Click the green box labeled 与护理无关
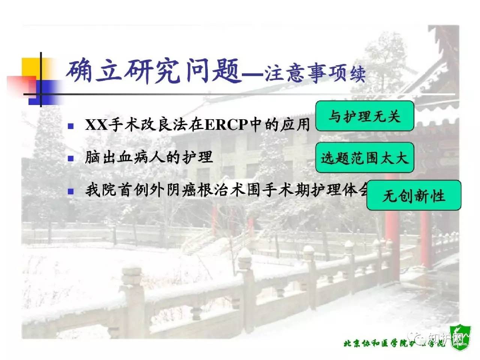coord(364,116)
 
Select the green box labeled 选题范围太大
coord(364,157)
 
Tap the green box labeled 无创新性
coord(414,195)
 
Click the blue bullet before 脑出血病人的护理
coord(70,158)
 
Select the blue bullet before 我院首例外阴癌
coord(70,191)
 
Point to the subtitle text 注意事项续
coord(315,73)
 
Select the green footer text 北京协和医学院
coord(375,343)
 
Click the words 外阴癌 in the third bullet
coord(172,190)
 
